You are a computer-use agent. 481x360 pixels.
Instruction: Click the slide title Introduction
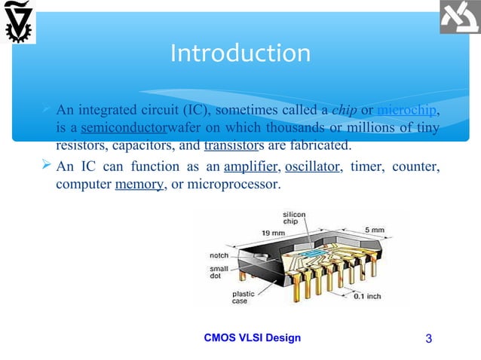pyautogui.click(x=240, y=53)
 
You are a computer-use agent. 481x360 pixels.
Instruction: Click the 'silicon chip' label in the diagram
pyautogui.click(x=295, y=218)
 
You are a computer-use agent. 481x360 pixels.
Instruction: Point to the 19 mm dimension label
pyautogui.click(x=272, y=233)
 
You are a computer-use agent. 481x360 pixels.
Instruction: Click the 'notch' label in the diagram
pyautogui.click(x=219, y=256)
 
